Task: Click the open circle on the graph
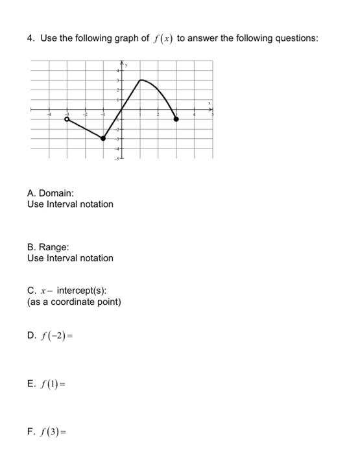(x=67, y=119)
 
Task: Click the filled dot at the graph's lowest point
(x=103, y=137)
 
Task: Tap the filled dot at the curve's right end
(x=176, y=119)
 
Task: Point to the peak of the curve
(x=141, y=80)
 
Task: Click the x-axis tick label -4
(x=47, y=115)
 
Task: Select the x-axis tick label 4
(x=194, y=115)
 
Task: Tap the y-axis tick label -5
(x=117, y=158)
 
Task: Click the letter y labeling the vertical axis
(x=128, y=66)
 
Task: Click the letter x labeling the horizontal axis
(x=210, y=102)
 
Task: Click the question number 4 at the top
(x=30, y=38)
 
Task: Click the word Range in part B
(x=54, y=247)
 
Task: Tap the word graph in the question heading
(x=114, y=38)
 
